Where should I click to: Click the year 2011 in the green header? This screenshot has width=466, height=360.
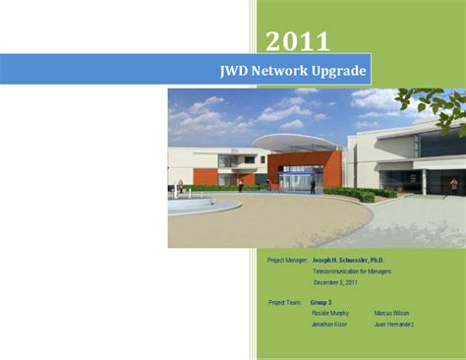click(297, 40)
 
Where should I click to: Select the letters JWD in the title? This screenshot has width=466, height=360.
click(236, 71)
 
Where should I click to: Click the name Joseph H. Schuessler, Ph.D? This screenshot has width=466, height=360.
click(348, 261)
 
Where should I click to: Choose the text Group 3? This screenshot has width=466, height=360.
click(321, 302)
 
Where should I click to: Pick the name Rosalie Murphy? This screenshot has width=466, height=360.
click(330, 313)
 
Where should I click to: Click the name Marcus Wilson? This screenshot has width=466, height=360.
click(392, 313)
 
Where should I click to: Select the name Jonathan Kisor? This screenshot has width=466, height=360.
click(329, 324)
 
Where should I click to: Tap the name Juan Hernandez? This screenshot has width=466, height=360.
click(394, 324)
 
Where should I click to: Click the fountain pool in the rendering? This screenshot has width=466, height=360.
click(201, 207)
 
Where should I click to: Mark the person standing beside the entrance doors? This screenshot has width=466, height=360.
click(313, 184)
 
